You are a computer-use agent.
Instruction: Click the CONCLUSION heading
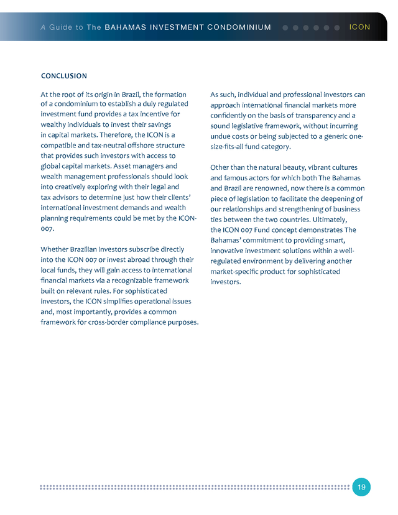[x=63, y=76]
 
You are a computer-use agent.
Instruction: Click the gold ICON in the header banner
[x=359, y=27]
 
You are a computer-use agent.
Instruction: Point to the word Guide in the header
[x=61, y=27]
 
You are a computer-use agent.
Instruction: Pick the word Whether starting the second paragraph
[x=57, y=249]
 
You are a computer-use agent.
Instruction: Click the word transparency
[x=318, y=115]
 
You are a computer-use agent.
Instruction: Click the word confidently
[x=233, y=115]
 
